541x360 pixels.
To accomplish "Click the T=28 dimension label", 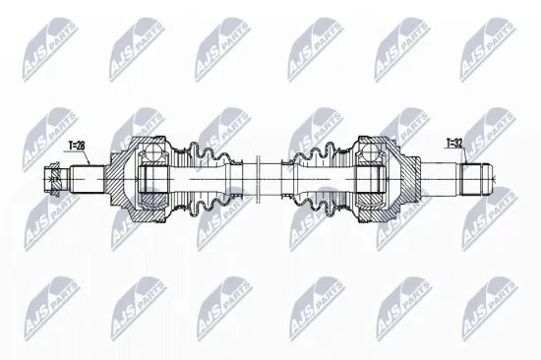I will (x=77, y=145).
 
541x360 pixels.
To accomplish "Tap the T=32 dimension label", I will (x=454, y=143).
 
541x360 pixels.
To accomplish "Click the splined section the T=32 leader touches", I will (x=474, y=180).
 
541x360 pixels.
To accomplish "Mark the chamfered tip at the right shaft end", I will (x=489, y=180).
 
